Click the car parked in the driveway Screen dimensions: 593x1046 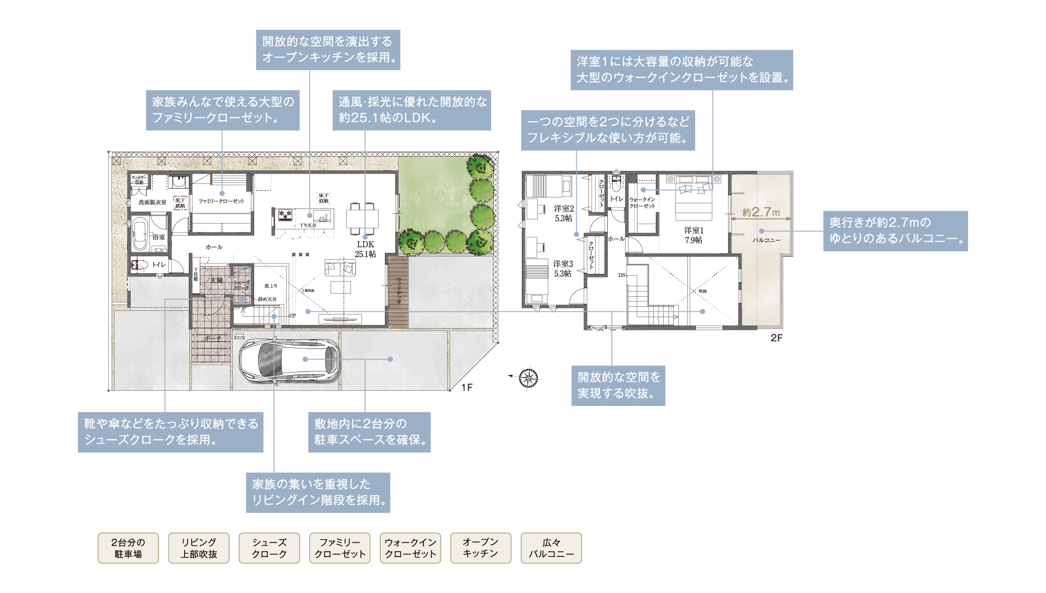[289, 361]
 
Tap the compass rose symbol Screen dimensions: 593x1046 [528, 377]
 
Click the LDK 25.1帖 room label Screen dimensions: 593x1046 [365, 249]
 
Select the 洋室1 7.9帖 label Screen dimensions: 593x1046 [693, 235]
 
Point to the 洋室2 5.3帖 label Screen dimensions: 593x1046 [564, 213]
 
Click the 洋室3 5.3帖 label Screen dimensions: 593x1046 [563, 269]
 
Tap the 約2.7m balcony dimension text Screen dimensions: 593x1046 [760, 212]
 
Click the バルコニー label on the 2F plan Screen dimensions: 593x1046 [766, 240]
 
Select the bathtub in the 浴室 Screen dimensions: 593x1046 [140, 235]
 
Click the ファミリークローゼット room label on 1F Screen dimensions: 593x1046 [221, 201]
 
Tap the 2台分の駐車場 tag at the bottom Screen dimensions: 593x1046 [128, 548]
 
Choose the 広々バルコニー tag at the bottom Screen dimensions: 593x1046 [551, 548]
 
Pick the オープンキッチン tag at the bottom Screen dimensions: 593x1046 [480, 548]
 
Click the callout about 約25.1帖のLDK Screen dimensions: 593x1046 [412, 110]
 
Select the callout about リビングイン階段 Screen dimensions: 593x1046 [318, 492]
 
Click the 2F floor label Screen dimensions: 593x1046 [776, 338]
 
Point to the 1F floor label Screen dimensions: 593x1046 [467, 387]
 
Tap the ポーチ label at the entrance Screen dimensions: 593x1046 [212, 339]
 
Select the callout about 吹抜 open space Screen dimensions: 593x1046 [618, 385]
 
